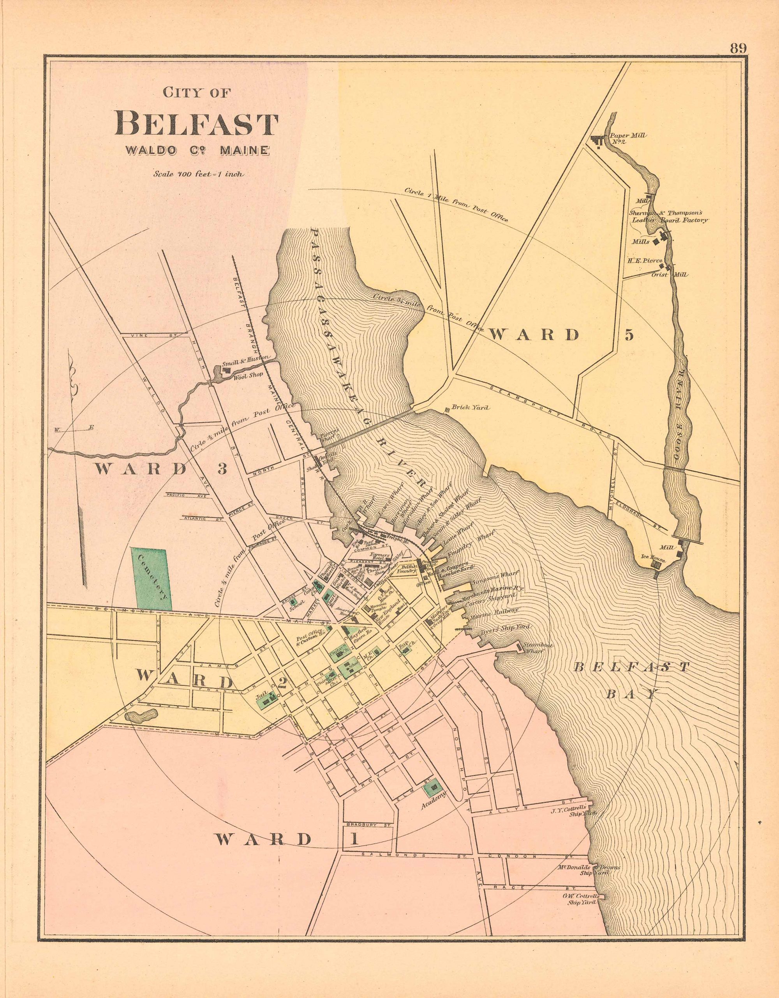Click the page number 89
(x=737, y=48)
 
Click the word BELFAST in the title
(x=196, y=124)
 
